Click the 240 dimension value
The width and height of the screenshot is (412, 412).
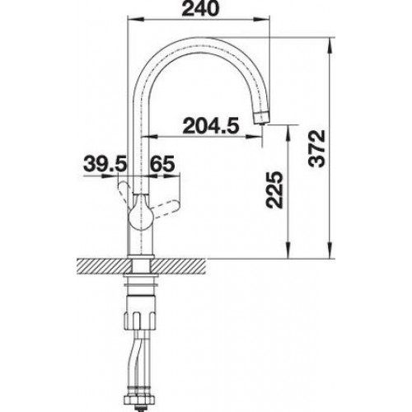[x=200, y=8]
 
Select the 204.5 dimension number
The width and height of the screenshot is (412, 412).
[x=211, y=126]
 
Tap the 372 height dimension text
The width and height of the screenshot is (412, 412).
[x=316, y=148]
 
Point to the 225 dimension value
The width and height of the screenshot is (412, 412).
[x=274, y=190]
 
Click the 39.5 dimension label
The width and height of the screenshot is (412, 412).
[x=105, y=163]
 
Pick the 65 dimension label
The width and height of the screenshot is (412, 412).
[x=162, y=163]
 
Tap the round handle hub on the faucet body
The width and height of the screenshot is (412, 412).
[x=141, y=215]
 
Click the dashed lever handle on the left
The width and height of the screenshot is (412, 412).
[x=124, y=193]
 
